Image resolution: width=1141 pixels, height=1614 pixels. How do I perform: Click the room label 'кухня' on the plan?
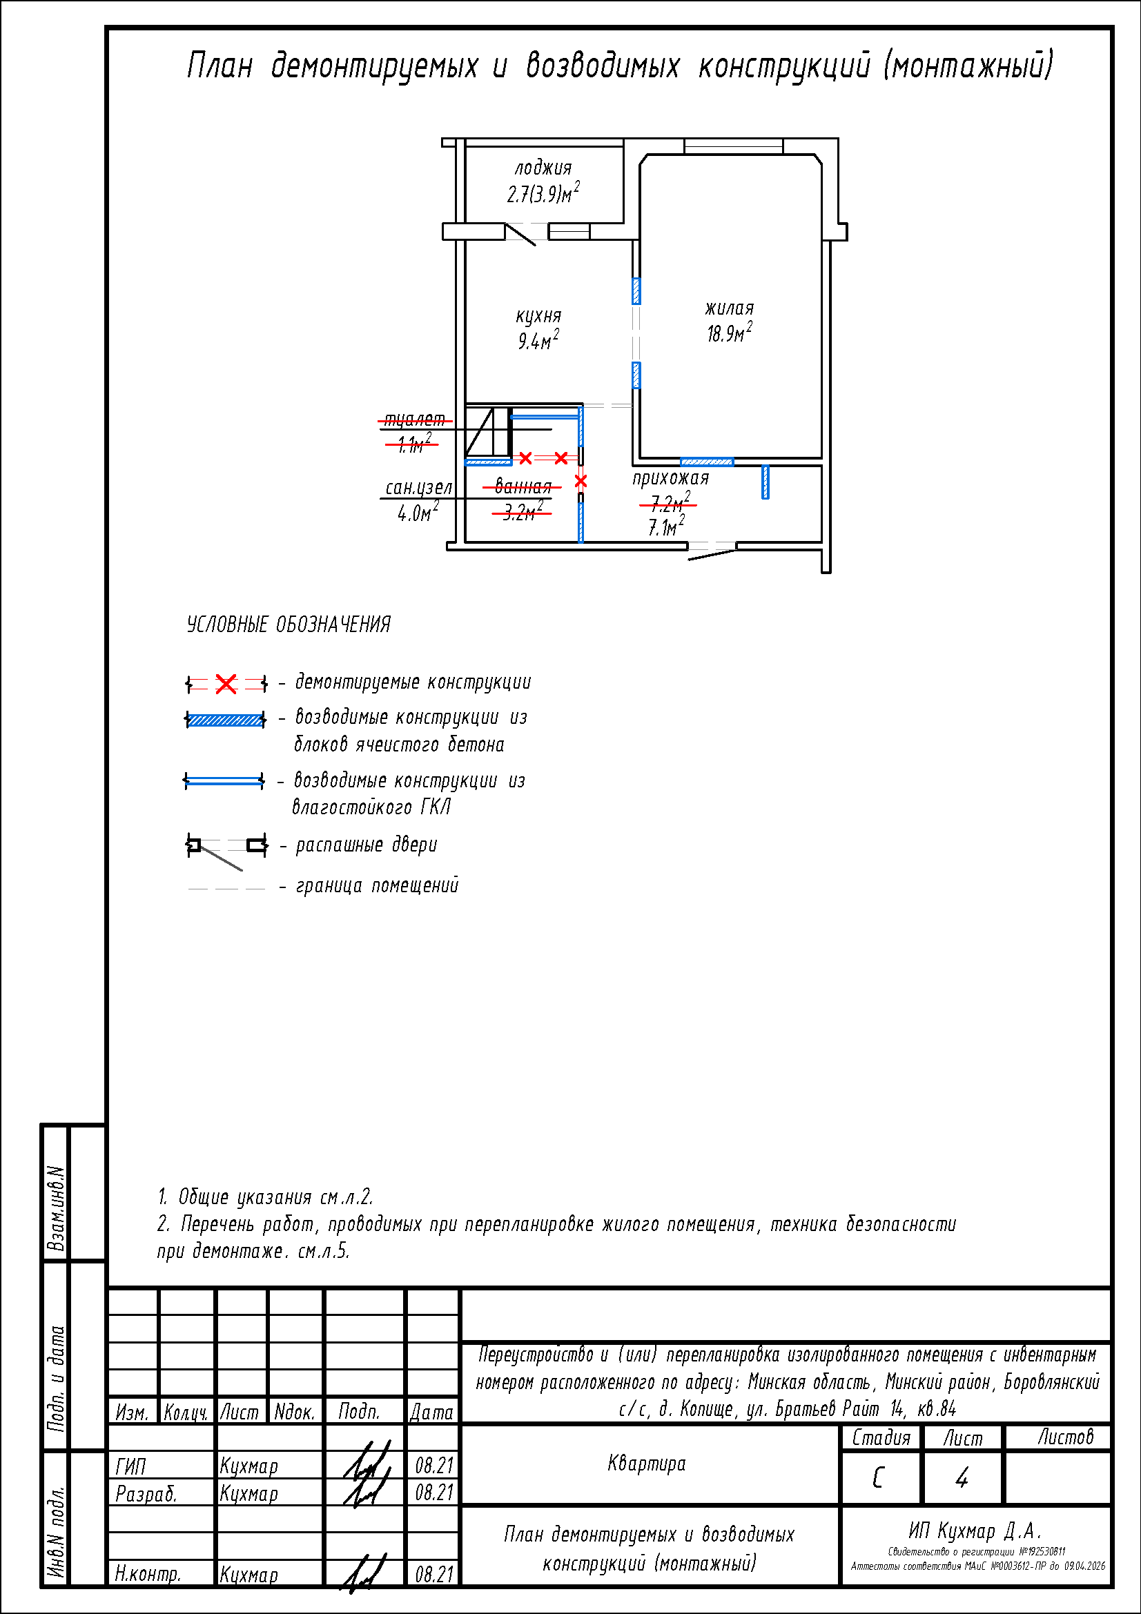pyautogui.click(x=538, y=317)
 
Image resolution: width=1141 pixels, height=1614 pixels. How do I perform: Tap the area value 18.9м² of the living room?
pyautogui.click(x=729, y=333)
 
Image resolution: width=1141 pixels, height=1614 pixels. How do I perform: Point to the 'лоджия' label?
pyautogui.click(x=543, y=168)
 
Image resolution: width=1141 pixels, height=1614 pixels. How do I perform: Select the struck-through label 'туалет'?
pyautogui.click(x=415, y=420)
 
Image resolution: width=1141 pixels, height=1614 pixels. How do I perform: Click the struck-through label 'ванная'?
pyautogui.click(x=523, y=486)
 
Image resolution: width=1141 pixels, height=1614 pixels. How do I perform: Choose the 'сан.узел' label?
pyautogui.click(x=418, y=488)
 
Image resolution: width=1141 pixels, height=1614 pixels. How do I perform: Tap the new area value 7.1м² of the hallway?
pyautogui.click(x=666, y=526)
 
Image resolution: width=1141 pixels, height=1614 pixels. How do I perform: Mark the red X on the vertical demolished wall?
pyautogui.click(x=581, y=482)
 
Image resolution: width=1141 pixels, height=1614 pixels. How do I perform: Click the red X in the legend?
pyautogui.click(x=226, y=683)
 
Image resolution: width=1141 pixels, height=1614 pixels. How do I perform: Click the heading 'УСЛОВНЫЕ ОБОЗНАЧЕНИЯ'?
pyautogui.click(x=289, y=625)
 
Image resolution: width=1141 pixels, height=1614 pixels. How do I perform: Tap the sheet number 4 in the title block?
pyautogui.click(x=961, y=1478)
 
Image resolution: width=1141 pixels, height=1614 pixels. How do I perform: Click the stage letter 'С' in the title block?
pyautogui.click(x=878, y=1478)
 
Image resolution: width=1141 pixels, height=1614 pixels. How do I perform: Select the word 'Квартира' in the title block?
pyautogui.click(x=646, y=1464)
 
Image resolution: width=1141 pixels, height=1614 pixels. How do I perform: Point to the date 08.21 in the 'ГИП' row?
pyautogui.click(x=433, y=1466)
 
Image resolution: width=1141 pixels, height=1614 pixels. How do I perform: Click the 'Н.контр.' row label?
pyautogui.click(x=148, y=1575)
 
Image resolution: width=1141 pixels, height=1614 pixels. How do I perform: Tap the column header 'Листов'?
pyautogui.click(x=1066, y=1437)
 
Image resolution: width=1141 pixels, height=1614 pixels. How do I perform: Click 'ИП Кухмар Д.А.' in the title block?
pyautogui.click(x=975, y=1531)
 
